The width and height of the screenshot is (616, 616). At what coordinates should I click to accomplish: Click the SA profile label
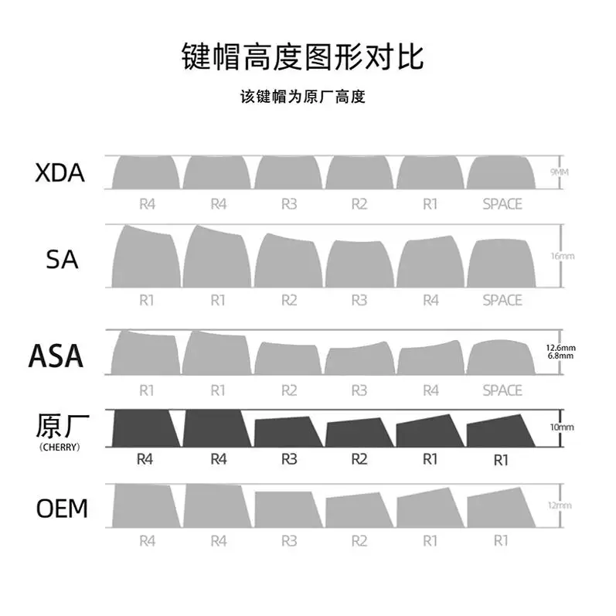63,259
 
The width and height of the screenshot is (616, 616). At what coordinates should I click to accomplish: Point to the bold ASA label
56,356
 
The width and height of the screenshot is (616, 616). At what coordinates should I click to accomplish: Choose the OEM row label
62,509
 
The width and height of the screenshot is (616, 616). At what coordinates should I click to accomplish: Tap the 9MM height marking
559,172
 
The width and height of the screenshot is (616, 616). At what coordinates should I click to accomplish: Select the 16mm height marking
560,255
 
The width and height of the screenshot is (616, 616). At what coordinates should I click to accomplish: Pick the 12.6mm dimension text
560,348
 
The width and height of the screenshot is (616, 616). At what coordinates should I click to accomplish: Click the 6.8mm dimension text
560,356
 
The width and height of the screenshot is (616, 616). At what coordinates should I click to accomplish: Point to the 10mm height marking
561,427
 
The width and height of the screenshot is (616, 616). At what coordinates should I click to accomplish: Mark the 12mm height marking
560,505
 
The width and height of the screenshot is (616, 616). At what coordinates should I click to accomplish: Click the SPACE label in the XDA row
502,204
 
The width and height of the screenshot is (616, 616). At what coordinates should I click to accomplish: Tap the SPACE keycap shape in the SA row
502,263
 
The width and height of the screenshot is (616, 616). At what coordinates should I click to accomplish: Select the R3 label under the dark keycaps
288,459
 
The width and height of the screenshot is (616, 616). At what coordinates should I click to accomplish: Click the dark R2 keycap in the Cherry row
359,432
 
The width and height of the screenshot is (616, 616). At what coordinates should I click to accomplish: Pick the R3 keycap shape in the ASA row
359,361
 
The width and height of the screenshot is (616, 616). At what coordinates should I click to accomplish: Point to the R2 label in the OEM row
359,541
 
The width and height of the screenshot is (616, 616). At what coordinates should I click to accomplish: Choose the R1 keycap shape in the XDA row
431,172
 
